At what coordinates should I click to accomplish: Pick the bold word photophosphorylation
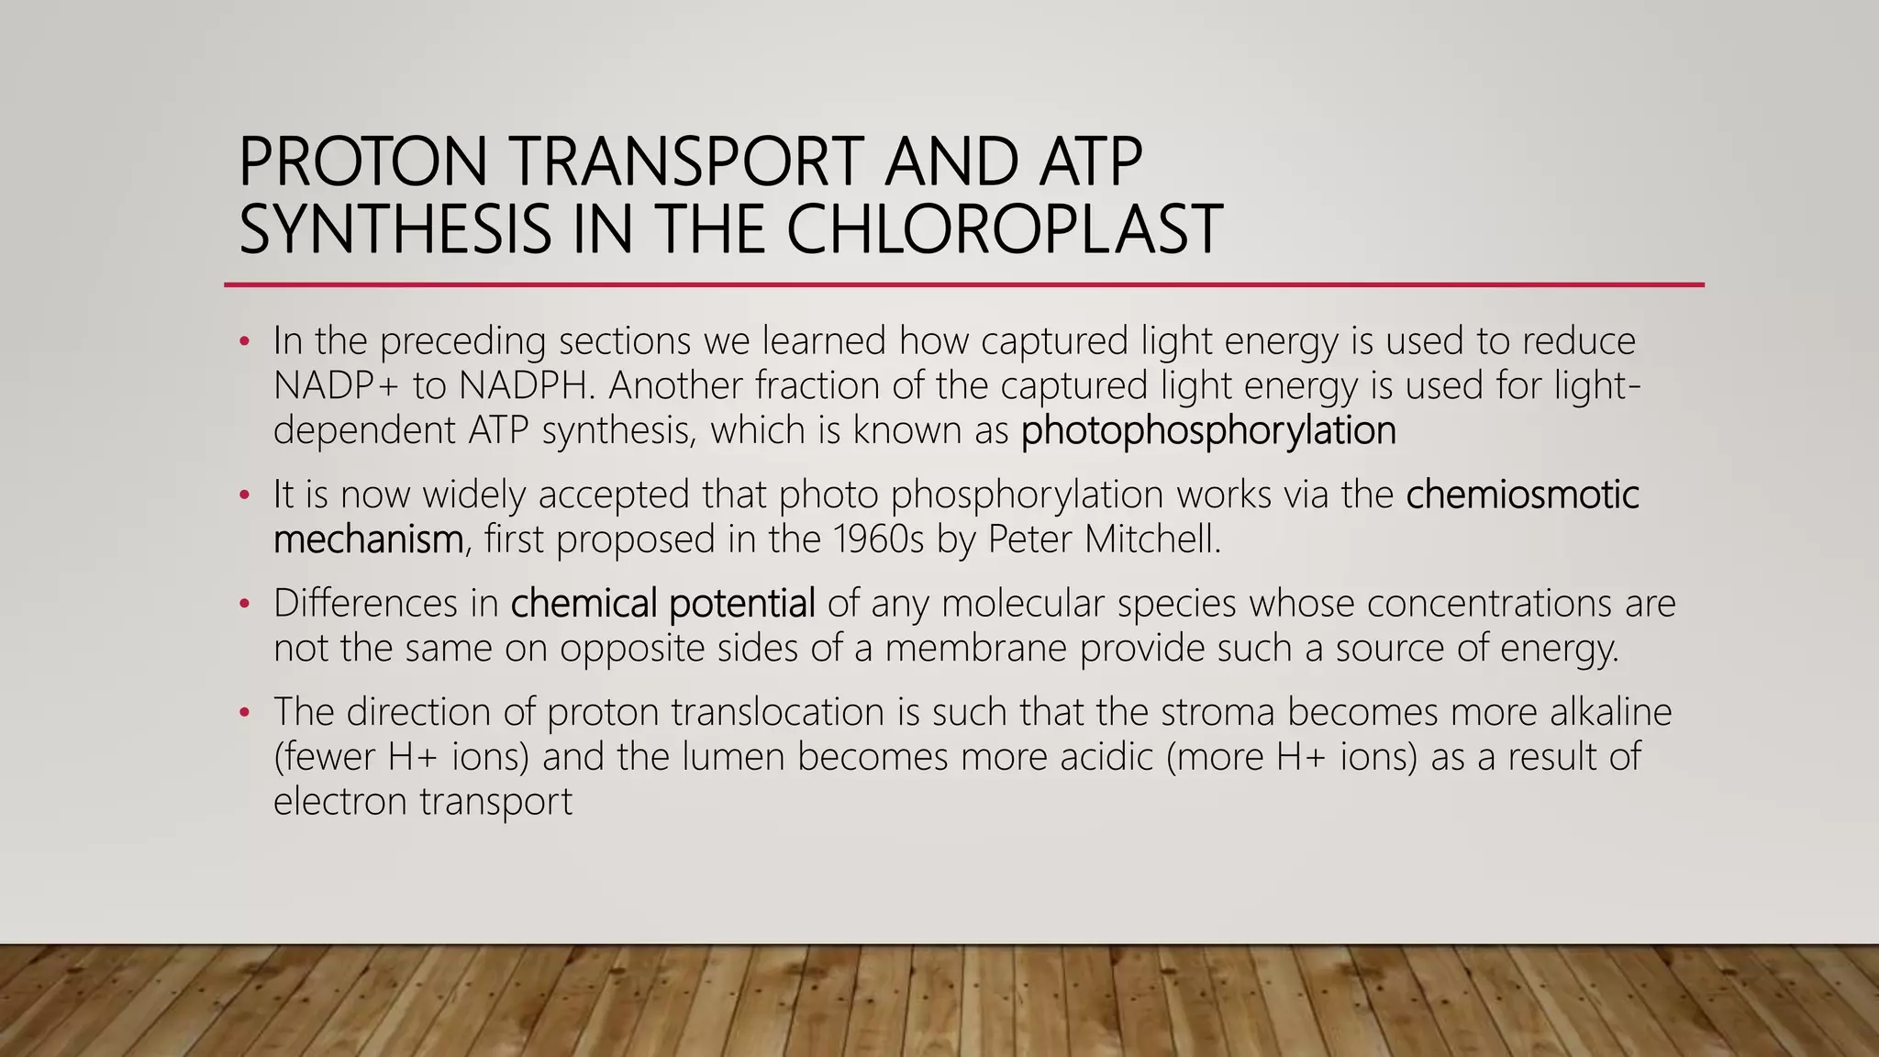(x=1208, y=430)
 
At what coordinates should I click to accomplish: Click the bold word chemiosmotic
(x=1522, y=495)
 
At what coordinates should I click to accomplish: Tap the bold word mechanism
(x=368, y=540)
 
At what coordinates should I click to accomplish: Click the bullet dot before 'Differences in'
(x=244, y=605)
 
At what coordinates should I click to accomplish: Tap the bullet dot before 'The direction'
(x=244, y=713)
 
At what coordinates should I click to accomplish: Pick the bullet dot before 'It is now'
(x=244, y=495)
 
